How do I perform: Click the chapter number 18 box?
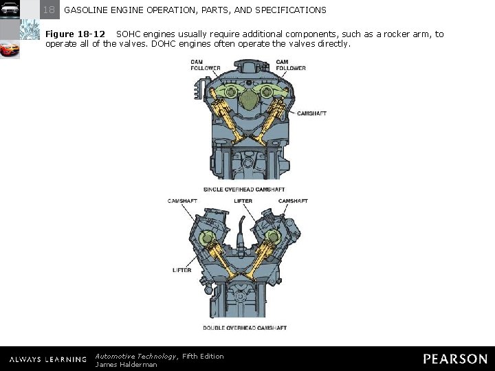(49, 10)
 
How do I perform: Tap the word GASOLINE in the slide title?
(87, 10)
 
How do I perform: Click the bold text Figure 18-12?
(76, 34)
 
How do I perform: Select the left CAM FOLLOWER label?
(206, 65)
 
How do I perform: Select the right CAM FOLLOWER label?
(291, 65)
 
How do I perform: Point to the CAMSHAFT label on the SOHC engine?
(311, 113)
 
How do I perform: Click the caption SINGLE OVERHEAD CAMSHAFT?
(244, 190)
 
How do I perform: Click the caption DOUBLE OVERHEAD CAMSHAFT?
(245, 328)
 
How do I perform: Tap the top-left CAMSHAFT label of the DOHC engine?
(182, 201)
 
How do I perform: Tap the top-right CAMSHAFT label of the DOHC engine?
(293, 201)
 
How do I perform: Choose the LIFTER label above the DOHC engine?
(243, 201)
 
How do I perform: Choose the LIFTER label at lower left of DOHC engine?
(181, 270)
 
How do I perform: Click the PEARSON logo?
(455, 359)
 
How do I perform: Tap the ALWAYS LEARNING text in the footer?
(47, 359)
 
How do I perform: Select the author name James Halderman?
(126, 365)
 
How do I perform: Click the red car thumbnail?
(10, 50)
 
